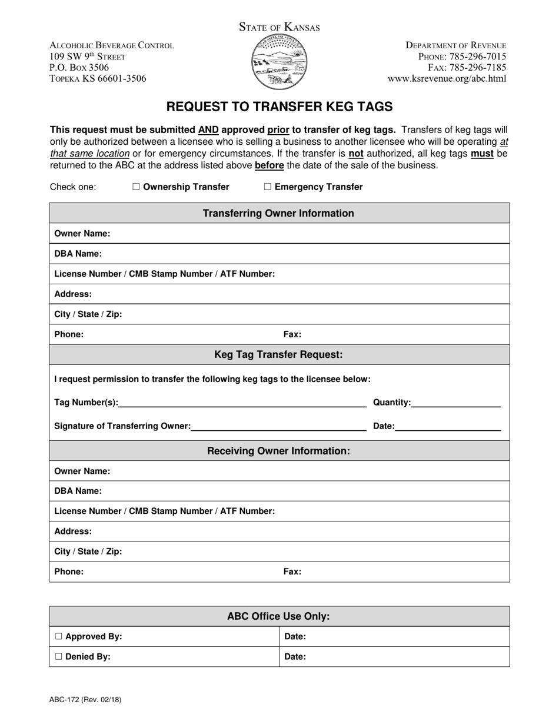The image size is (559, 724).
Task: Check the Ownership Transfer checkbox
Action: (x=137, y=187)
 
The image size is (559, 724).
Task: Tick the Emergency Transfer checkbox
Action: (x=268, y=187)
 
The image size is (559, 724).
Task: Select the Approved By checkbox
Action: (x=58, y=637)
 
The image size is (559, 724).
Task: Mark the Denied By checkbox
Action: (x=58, y=657)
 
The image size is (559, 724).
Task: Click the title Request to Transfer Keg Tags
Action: (x=279, y=107)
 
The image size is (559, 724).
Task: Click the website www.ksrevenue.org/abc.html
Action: (x=447, y=78)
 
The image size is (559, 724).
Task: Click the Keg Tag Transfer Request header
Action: (x=279, y=354)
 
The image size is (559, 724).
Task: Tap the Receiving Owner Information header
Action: (x=279, y=451)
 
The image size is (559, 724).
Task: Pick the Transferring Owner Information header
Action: (x=279, y=213)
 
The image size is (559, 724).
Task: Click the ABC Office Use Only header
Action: (x=279, y=617)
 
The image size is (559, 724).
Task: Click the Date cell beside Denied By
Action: (x=394, y=657)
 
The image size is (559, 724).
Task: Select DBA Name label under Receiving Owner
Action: (x=78, y=491)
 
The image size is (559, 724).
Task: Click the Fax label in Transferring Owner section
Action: (x=292, y=334)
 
